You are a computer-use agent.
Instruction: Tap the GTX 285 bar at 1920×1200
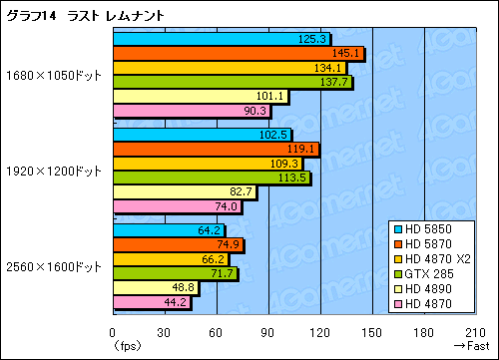click(211, 178)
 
